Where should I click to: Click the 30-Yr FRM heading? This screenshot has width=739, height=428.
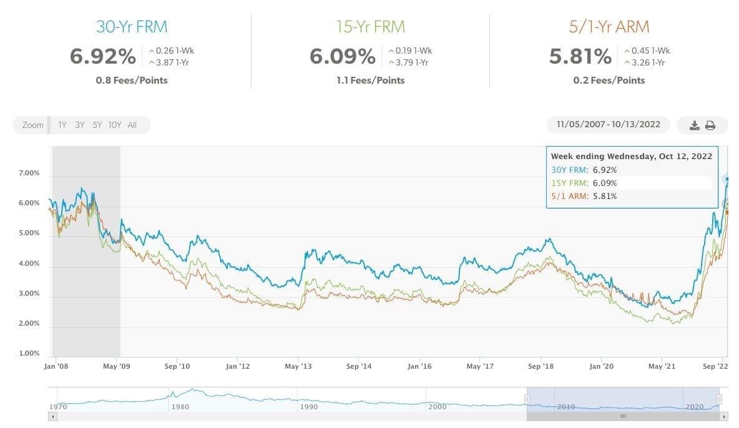click(x=132, y=27)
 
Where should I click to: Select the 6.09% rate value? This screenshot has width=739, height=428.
click(x=342, y=57)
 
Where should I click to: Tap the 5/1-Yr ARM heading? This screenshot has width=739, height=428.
click(x=609, y=27)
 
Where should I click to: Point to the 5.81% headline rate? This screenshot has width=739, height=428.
click(x=580, y=57)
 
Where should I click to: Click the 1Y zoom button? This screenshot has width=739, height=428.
click(x=62, y=125)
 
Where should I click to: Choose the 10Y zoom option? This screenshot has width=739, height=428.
click(x=115, y=125)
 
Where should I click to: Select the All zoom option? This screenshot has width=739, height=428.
click(x=132, y=125)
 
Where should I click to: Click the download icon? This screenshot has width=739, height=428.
click(x=695, y=125)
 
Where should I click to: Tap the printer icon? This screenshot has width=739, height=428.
click(x=710, y=125)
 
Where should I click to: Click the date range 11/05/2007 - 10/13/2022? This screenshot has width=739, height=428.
click(x=608, y=125)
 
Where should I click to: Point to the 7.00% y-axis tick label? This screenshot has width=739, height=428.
click(x=28, y=173)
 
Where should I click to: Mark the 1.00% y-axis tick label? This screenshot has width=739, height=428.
click(x=28, y=353)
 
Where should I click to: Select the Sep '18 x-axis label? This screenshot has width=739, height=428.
click(x=541, y=367)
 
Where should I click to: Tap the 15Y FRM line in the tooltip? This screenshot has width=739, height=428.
click(x=584, y=183)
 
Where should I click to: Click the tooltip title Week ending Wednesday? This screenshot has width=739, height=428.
click(x=631, y=157)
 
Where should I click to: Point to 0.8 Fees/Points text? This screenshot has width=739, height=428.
click(x=132, y=80)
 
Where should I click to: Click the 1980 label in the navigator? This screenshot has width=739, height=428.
click(x=180, y=407)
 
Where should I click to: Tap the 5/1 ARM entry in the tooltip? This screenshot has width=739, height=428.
click(x=584, y=196)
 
